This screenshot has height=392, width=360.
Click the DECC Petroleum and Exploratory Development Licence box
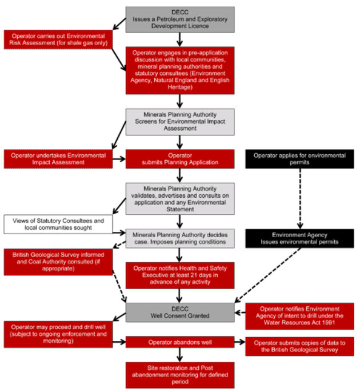pos(180,19)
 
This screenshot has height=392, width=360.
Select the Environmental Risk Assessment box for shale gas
pos(58,39)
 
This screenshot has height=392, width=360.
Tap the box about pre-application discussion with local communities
pos(180,70)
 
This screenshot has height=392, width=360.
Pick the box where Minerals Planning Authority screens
pos(180,122)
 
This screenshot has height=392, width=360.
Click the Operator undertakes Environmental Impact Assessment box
pos(58,159)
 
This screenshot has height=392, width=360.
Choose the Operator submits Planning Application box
pos(180,159)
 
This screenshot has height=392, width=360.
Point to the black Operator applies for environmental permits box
pos(299,159)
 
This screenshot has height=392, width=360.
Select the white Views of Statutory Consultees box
pos(58,224)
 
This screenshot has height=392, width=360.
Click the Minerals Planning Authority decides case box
pos(180,238)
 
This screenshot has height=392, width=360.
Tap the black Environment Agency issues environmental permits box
pos(299,238)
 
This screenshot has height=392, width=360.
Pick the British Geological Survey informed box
pos(58,262)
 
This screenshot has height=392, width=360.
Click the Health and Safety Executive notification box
pos(180,275)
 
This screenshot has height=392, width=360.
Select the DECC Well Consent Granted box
pos(180,312)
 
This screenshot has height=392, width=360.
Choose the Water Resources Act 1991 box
pos(299,316)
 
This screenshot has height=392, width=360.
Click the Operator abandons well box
pos(180,342)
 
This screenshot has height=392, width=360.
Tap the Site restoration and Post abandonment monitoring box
pos(180,375)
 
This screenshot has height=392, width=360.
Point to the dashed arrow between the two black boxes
pos(300,198)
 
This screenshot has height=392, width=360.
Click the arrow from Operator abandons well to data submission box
pos(240,342)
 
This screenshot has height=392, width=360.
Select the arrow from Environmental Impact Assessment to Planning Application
pos(119,159)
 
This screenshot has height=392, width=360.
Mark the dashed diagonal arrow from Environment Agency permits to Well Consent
pos(267,275)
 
